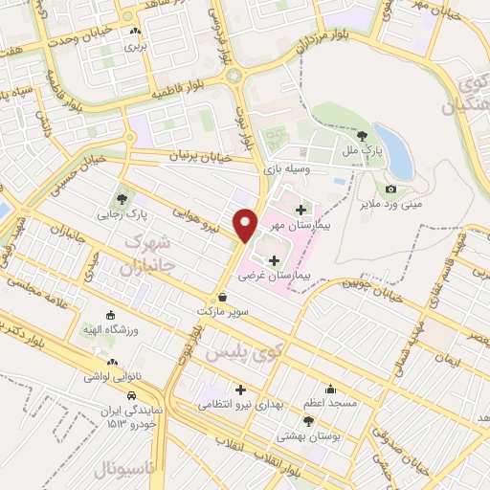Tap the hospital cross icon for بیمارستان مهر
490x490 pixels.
click(301, 209)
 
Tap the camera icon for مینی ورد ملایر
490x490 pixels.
click(390, 189)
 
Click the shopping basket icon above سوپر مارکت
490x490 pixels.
click(223, 298)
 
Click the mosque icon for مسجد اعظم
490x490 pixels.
click(330, 390)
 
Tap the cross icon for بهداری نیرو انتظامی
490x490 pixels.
click(240, 390)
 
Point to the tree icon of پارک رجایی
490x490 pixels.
click(122, 199)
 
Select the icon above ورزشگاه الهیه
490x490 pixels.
click(110, 315)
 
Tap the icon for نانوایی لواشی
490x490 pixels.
click(114, 363)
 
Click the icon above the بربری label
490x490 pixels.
click(133, 32)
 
